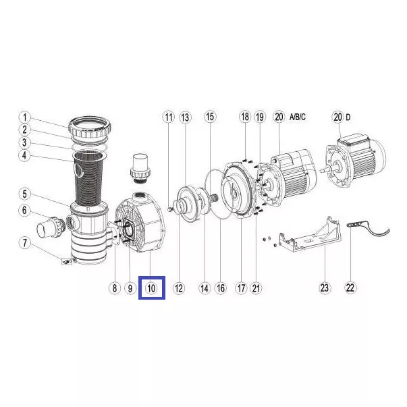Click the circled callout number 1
click(25, 117)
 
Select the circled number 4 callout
click(25, 155)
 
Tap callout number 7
click(25, 243)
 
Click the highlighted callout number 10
click(151, 288)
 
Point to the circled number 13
click(185, 117)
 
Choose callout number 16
click(221, 288)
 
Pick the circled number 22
click(350, 288)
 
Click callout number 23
click(325, 288)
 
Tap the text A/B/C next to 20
click(298, 117)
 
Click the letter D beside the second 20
click(348, 117)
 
